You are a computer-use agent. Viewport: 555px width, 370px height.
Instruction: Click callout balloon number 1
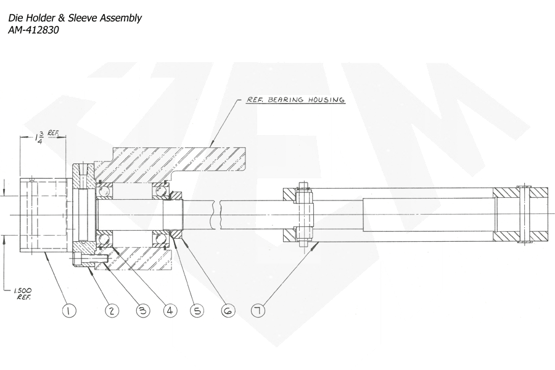coord(69,311)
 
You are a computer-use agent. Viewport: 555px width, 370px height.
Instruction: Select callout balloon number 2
coord(112,311)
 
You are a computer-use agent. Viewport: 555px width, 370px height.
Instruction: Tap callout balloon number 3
coord(143,311)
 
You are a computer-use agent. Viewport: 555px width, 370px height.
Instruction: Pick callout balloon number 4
coord(170,311)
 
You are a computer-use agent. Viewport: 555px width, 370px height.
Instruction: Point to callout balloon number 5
coord(197,311)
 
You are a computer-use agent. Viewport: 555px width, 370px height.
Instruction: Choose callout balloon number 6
coord(228,311)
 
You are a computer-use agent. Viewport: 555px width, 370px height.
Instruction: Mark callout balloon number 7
coord(258,311)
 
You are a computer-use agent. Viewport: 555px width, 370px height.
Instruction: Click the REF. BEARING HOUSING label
coord(295,100)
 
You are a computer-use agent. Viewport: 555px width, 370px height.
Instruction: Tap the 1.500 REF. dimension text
coord(23,294)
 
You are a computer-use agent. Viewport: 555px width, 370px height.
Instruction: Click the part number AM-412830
coord(34,30)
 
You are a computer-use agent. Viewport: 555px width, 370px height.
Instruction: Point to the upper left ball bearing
coord(105,191)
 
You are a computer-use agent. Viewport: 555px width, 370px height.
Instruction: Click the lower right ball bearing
coord(160,238)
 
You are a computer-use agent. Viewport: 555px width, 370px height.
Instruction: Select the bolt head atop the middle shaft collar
coord(303,186)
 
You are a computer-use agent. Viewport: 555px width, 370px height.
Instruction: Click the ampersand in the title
coord(61,18)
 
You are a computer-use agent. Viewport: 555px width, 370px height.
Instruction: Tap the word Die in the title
coord(15,18)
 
